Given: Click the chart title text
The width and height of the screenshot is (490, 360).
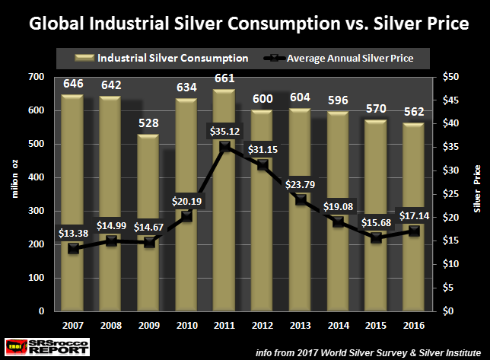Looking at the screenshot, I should [248, 24].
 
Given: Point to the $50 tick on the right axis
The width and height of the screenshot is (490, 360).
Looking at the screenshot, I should [450, 77].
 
